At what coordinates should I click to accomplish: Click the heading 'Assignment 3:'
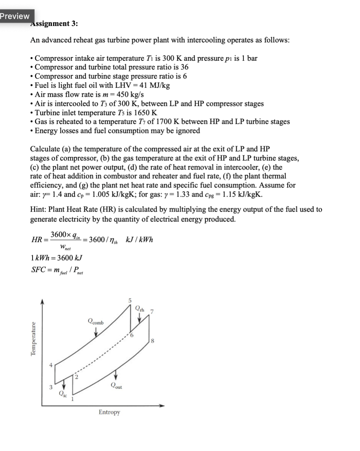click(x=54, y=24)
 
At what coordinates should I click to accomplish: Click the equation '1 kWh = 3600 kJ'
click(x=57, y=257)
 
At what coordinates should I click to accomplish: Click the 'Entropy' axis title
click(x=109, y=412)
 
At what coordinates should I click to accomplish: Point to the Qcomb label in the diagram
click(x=95, y=322)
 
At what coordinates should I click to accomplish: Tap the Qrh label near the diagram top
click(x=139, y=309)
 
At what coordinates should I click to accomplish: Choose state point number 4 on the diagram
click(x=51, y=364)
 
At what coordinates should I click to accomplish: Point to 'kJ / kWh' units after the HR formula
click(x=139, y=240)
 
